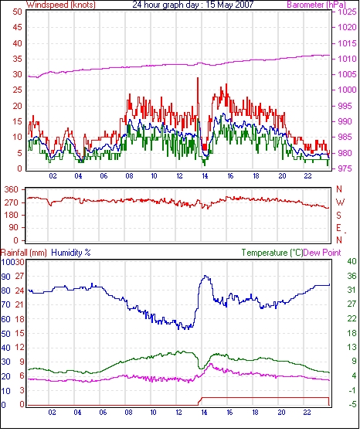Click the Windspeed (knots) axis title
coord(61,5)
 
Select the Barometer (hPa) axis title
coord(317,5)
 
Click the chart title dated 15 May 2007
coord(193,5)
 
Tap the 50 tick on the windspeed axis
coord(17,12)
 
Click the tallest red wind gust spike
coord(198,78)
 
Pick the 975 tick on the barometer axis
coord(345,168)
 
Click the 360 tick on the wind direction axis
coord(11,190)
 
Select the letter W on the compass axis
coord(340,202)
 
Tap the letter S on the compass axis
coord(338,215)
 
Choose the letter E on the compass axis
coord(338,228)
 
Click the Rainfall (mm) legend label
coord(24,253)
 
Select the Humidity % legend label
coord(71,253)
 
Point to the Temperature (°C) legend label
coord(272,253)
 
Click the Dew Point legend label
coord(322,253)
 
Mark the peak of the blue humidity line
coord(205,276)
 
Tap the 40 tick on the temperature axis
coord(352,261)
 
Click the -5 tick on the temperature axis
coord(352,405)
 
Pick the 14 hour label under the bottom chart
coord(204,413)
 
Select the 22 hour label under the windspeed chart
coord(307,176)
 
